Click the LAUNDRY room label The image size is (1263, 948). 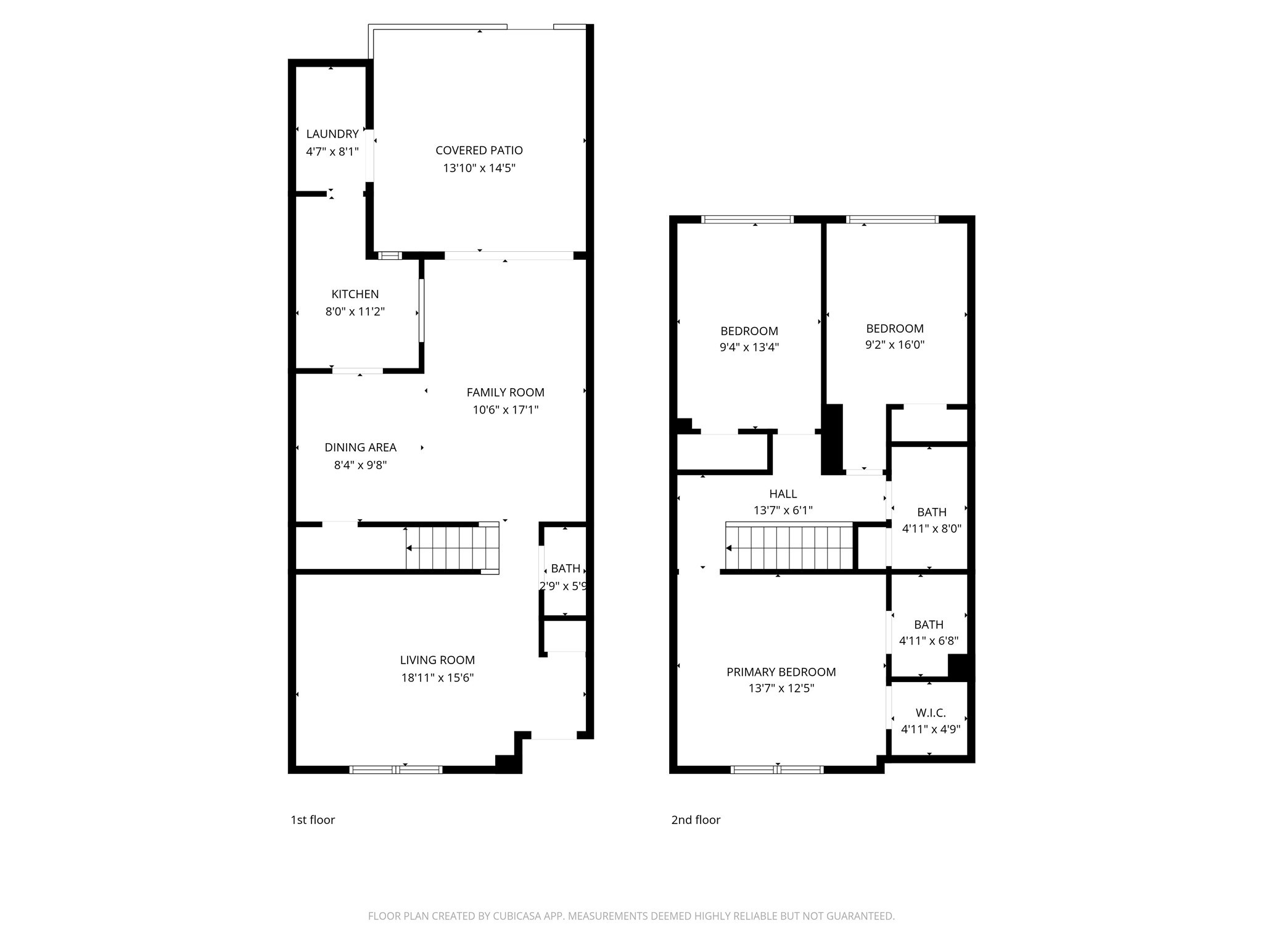click(x=332, y=134)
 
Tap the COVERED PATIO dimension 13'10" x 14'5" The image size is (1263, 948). click(x=479, y=168)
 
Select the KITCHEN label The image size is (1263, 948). click(x=355, y=294)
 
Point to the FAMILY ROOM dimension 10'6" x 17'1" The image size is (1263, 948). click(x=505, y=410)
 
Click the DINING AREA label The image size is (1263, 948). click(x=360, y=447)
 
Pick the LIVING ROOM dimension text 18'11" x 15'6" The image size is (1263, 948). click(x=437, y=678)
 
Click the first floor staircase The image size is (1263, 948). click(x=452, y=547)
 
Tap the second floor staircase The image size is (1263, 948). click(x=789, y=547)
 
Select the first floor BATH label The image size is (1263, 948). click(x=566, y=568)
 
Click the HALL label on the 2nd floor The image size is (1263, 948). click(x=783, y=494)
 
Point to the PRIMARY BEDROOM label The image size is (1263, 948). click(x=781, y=672)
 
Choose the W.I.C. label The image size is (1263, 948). click(x=931, y=713)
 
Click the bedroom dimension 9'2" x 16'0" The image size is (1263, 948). click(x=894, y=345)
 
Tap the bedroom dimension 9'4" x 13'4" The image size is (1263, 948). click(x=749, y=347)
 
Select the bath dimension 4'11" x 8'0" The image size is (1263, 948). click(x=931, y=529)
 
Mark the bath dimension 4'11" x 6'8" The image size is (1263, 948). click(x=928, y=641)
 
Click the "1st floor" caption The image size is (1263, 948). click(x=313, y=820)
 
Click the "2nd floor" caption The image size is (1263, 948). click(x=696, y=820)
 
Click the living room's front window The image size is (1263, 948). click(x=396, y=770)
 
